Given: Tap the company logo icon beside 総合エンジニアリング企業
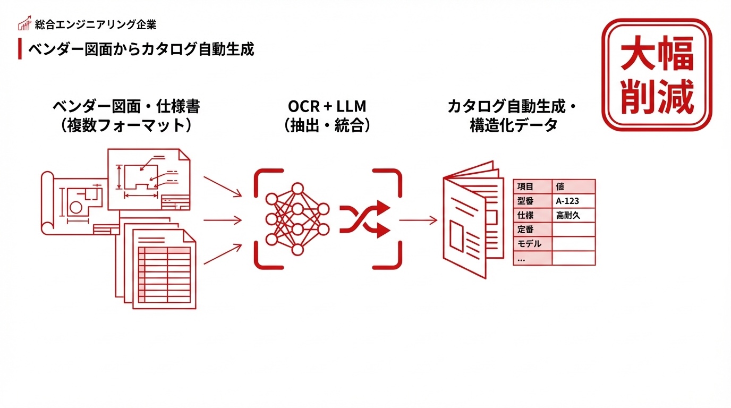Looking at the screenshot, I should [x=24, y=24].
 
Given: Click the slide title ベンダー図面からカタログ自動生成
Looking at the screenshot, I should [x=141, y=49].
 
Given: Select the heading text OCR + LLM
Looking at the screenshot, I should [x=327, y=107].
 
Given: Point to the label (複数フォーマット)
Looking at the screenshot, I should [x=126, y=126].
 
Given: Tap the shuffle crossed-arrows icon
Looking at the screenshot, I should [x=365, y=219].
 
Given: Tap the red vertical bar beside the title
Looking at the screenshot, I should [x=20, y=49].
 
